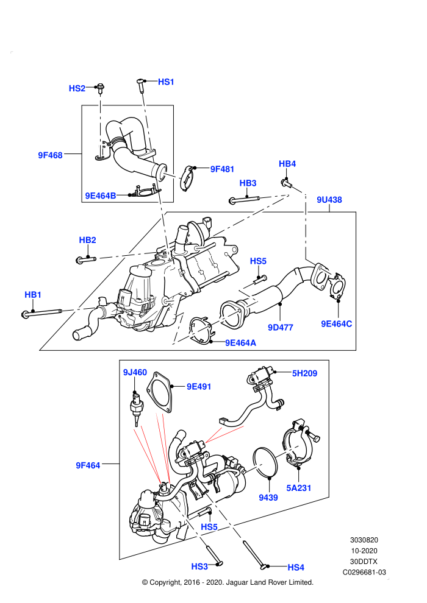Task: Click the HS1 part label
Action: (x=166, y=82)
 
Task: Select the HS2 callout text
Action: (x=77, y=88)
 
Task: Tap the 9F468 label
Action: (x=50, y=155)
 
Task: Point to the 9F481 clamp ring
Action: (x=187, y=178)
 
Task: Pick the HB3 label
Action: (x=248, y=183)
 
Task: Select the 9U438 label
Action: (x=329, y=200)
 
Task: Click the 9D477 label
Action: (x=281, y=327)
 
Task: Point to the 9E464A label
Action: (x=240, y=343)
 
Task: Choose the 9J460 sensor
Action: (x=135, y=407)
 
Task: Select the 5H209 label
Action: (x=304, y=373)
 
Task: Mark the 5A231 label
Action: (x=298, y=488)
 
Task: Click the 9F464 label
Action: (x=88, y=465)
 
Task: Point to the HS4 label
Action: (x=296, y=567)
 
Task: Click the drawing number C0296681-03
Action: (x=364, y=572)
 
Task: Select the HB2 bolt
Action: (x=86, y=260)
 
